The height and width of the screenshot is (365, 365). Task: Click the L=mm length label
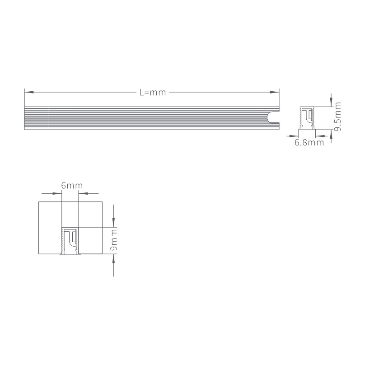pyautogui.click(x=153, y=93)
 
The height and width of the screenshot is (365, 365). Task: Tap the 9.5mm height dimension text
pyautogui.click(x=337, y=117)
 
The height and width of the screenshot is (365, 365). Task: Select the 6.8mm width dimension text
pyautogui.click(x=309, y=142)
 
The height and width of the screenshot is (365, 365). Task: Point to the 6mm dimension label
pyautogui.click(x=72, y=186)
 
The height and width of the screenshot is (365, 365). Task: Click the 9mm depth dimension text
pyautogui.click(x=114, y=240)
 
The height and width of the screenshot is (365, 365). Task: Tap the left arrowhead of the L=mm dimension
pyautogui.click(x=29, y=92)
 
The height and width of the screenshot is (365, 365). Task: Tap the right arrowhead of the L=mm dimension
pyautogui.click(x=275, y=92)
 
